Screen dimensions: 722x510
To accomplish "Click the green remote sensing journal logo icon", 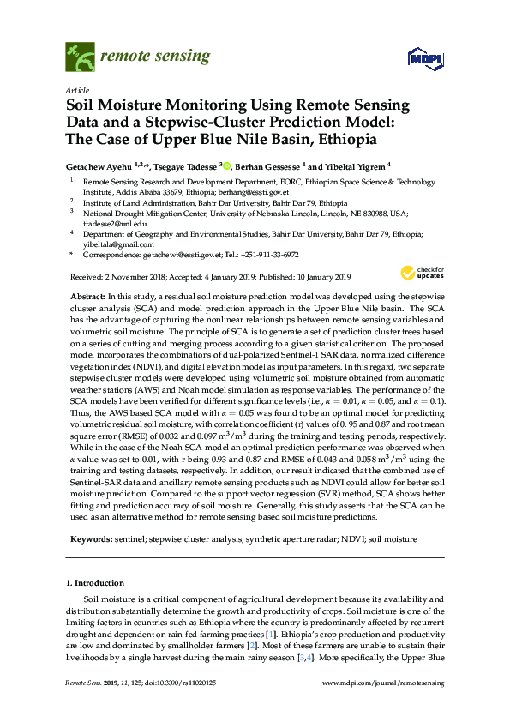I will [80, 58].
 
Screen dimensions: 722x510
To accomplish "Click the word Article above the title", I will [75, 90].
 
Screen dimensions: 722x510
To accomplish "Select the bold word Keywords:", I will [91, 539].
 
